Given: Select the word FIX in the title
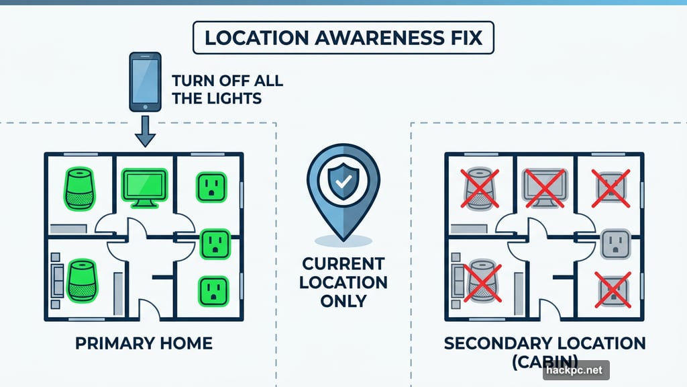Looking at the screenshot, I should [x=465, y=38].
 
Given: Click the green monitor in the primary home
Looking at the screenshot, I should [x=144, y=185].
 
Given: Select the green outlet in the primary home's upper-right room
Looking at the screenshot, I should [x=210, y=186].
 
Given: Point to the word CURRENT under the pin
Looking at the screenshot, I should [x=343, y=263].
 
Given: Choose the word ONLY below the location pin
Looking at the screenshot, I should [x=343, y=301].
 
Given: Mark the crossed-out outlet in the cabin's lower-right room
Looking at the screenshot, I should [x=611, y=290].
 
